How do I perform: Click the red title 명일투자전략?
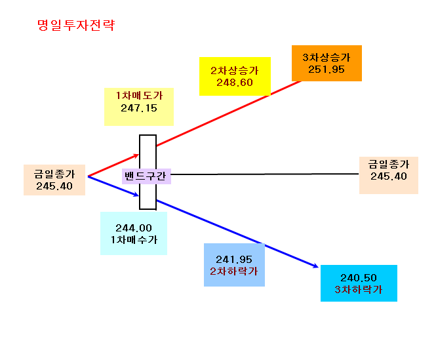click(76, 26)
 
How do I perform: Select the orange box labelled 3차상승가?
click(327, 63)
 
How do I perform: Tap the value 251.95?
click(326, 70)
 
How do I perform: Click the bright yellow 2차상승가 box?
click(235, 76)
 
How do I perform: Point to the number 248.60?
click(235, 83)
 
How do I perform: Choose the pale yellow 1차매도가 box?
click(139, 107)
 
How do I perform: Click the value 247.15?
click(139, 108)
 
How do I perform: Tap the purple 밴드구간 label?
click(146, 176)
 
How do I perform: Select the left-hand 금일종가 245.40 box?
click(54, 180)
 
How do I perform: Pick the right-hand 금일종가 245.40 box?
click(389, 175)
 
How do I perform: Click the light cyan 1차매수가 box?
click(134, 233)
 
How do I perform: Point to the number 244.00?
click(134, 228)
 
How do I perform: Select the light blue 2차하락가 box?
click(235, 265)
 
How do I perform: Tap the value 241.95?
click(234, 260)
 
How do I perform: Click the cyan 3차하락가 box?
click(359, 283)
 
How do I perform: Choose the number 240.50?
click(359, 278)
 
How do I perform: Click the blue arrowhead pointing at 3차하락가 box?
click(316, 266)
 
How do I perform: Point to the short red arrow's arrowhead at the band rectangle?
click(136, 156)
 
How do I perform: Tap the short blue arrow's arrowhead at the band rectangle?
click(136, 195)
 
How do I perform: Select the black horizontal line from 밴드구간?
click(265, 174)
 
